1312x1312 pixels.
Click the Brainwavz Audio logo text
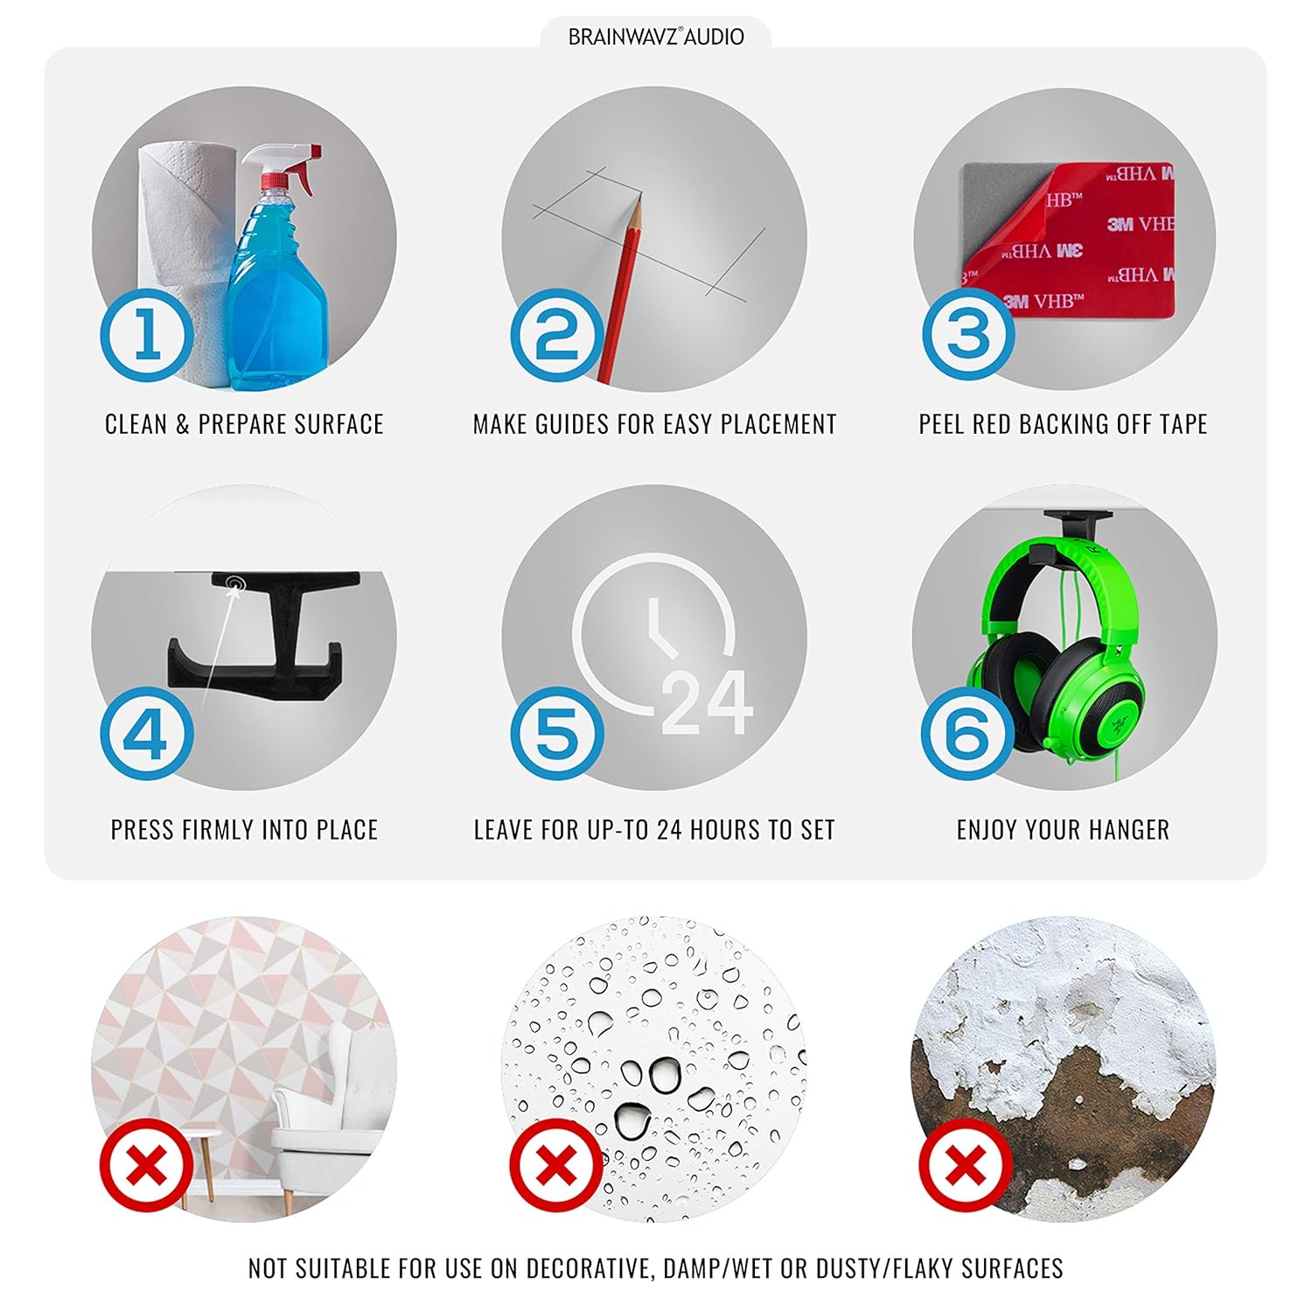[x=656, y=37]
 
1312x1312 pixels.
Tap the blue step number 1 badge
[x=147, y=335]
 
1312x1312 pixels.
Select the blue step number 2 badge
[x=557, y=335]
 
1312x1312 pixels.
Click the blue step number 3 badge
[x=968, y=335]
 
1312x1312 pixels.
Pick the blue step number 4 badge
[x=147, y=733]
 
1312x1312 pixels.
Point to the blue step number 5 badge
[x=557, y=733]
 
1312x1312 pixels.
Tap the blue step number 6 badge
[x=968, y=733]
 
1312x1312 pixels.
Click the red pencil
[x=620, y=289]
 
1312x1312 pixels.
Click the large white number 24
[x=707, y=703]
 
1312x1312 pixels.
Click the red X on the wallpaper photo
[x=147, y=1165]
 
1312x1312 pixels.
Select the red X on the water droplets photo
[x=556, y=1165]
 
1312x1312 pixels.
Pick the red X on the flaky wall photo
[x=965, y=1165]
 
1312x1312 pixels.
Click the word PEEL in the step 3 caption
[x=942, y=424]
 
